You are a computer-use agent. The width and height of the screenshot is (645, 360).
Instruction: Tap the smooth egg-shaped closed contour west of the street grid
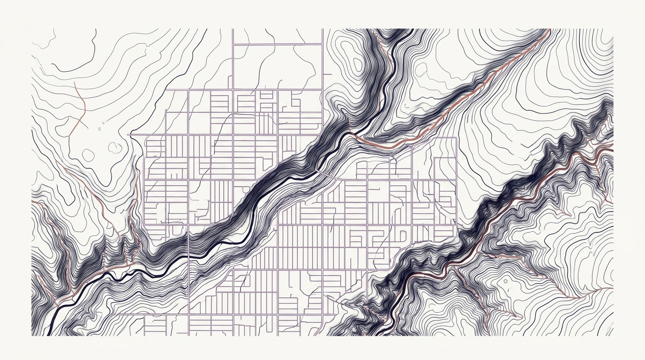(x=88, y=154)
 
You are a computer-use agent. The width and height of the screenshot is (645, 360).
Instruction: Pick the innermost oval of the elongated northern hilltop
(x=356, y=66)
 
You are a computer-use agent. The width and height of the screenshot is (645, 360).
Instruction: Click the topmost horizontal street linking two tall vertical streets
(x=277, y=45)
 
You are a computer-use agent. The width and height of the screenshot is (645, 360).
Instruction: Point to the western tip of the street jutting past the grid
(x=128, y=135)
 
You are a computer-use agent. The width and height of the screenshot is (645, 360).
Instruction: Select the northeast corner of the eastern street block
(x=456, y=138)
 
